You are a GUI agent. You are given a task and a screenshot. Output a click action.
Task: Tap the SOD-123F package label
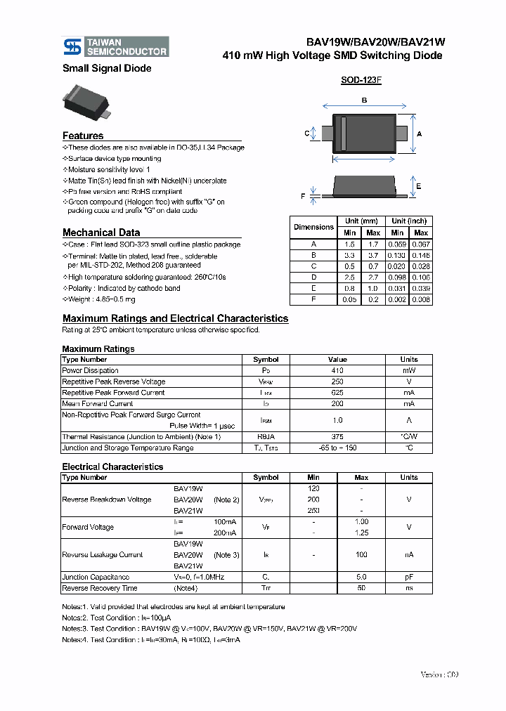point(361,80)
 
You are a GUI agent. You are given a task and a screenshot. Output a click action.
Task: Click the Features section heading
point(83,136)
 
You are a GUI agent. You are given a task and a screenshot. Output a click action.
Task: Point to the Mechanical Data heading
point(101,233)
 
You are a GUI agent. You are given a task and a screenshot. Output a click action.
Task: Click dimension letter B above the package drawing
point(364,101)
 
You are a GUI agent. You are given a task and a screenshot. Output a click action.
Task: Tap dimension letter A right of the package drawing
point(420,133)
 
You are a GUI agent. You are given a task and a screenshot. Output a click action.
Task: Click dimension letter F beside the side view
point(304,197)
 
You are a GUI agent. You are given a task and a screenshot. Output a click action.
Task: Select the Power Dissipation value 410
point(337,370)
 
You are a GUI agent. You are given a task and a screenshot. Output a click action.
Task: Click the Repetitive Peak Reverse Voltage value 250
point(337,381)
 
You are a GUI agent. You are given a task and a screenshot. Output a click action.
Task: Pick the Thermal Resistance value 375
point(337,437)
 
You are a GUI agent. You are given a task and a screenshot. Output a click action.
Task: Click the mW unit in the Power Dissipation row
point(409,370)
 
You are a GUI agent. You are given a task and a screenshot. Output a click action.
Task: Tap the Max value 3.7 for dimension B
point(373,255)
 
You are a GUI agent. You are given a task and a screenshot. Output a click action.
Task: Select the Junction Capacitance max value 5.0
point(362,577)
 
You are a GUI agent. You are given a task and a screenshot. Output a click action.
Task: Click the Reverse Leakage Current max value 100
point(362,554)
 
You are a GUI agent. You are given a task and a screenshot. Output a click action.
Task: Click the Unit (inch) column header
point(409,221)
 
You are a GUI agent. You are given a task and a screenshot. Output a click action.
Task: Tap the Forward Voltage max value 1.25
point(362,533)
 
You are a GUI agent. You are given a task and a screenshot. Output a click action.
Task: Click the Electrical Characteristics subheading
point(112,467)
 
